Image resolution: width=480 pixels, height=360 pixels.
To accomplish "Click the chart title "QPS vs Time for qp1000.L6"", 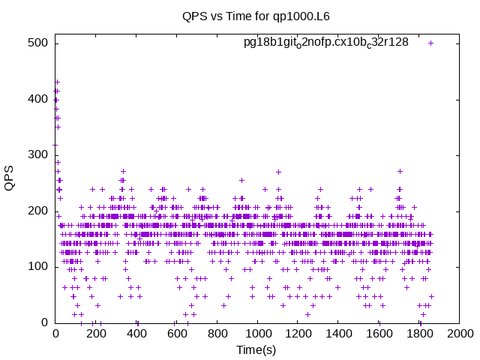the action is point(256,16).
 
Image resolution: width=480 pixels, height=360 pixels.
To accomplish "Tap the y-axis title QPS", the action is point(9,178).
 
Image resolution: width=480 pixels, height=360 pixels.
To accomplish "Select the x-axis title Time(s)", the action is point(256,349).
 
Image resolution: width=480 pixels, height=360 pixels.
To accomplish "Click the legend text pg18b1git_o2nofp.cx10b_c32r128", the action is point(326,43).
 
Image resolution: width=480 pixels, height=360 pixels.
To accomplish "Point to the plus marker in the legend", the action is point(430,43).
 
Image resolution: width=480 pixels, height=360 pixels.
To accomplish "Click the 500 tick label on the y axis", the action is point(38,43).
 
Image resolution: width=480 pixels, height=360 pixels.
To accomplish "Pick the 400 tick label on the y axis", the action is point(38,99).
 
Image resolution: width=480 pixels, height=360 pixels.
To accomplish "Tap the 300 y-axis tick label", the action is point(38,154).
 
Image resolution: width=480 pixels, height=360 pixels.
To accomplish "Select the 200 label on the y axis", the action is point(38,211).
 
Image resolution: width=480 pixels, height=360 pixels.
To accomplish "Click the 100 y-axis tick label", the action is point(38,267).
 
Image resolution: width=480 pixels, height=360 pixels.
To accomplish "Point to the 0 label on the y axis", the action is point(45,322).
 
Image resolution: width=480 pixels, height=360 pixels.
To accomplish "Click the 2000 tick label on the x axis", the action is point(460,333).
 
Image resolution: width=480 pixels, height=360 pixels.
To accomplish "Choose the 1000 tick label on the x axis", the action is point(258,333).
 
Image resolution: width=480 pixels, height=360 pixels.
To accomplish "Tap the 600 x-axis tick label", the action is point(177,333).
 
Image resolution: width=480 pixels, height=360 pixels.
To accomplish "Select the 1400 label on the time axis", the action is point(338,333).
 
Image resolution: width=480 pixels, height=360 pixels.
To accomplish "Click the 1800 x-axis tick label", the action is point(419,333).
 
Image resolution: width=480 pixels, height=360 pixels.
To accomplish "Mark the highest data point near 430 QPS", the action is point(58,82).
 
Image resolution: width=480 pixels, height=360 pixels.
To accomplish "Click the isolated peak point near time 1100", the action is point(278,172).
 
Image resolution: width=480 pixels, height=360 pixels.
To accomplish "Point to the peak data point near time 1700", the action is point(400,172).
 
